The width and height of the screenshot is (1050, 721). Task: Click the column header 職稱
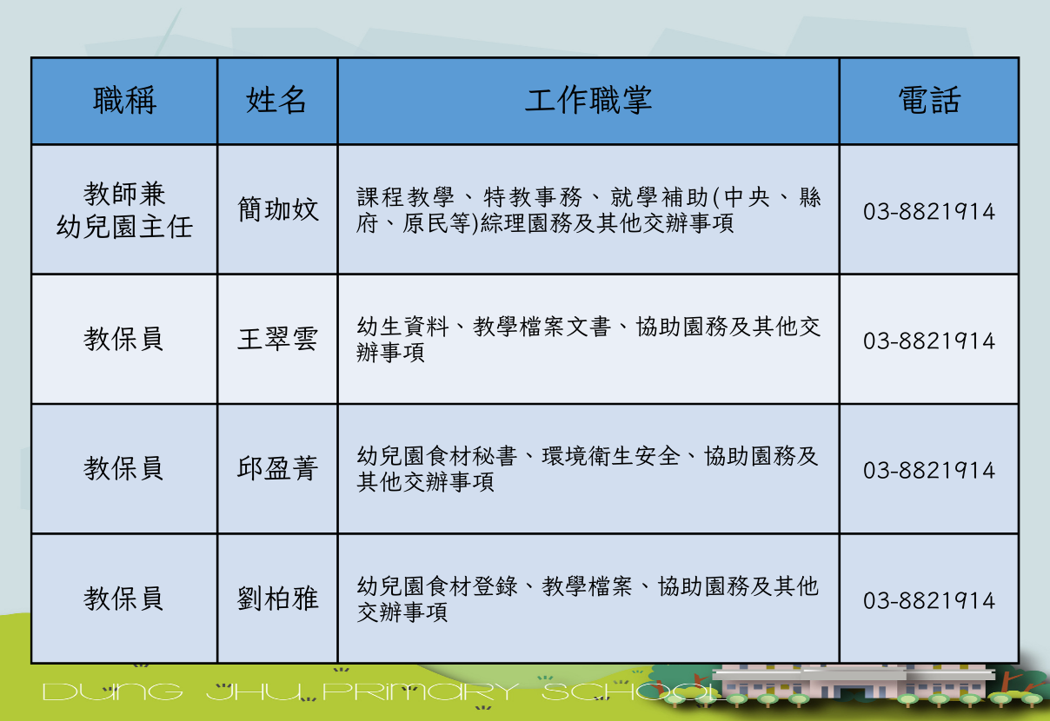click(x=124, y=101)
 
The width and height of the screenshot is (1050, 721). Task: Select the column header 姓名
click(x=276, y=101)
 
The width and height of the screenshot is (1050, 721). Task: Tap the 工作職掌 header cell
click(x=588, y=101)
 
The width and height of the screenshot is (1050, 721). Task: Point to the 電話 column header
click(x=929, y=101)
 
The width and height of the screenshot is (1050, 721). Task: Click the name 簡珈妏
click(x=278, y=209)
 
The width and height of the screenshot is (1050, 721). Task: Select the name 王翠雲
click(x=278, y=339)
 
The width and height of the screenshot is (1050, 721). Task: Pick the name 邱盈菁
click(x=278, y=468)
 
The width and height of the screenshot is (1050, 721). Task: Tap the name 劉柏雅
click(x=278, y=599)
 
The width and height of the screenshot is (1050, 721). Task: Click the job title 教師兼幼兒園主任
click(x=124, y=210)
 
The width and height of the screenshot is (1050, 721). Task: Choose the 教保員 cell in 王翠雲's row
click(x=123, y=339)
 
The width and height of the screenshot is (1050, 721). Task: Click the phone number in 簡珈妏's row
click(x=929, y=212)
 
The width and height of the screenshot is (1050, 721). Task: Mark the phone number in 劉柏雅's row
click(x=929, y=600)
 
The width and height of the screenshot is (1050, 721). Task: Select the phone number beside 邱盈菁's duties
click(x=929, y=470)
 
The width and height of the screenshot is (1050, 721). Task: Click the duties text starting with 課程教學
click(x=588, y=210)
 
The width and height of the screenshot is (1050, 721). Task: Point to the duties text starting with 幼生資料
click(x=588, y=339)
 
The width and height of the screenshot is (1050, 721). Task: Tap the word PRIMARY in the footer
click(x=421, y=692)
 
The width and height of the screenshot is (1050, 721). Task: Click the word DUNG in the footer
click(x=112, y=692)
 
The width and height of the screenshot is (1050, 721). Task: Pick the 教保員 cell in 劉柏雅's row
click(x=123, y=599)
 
